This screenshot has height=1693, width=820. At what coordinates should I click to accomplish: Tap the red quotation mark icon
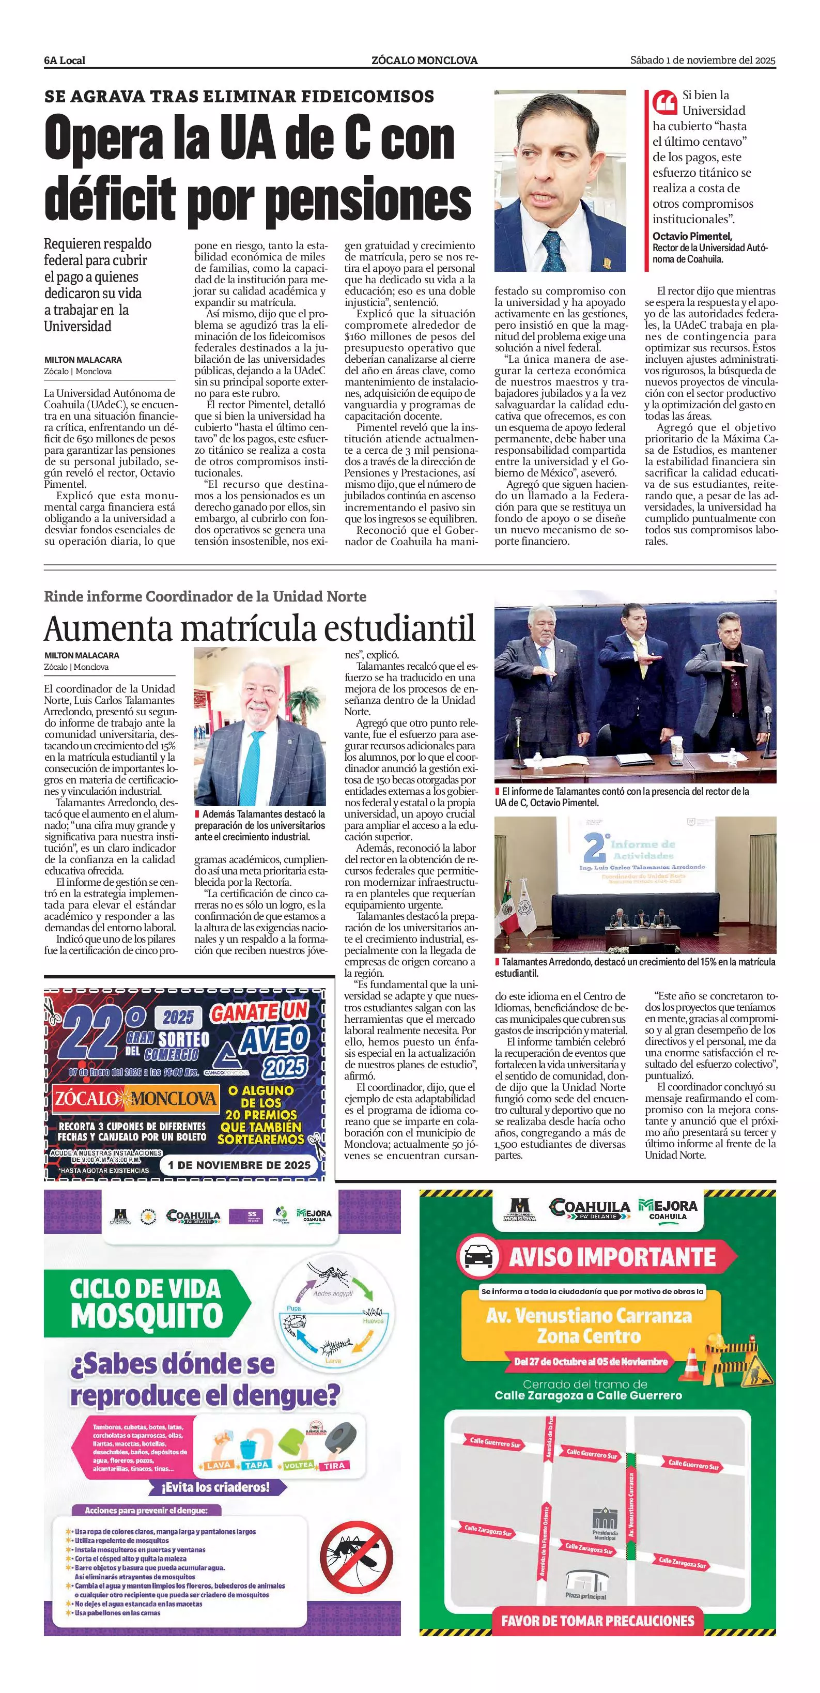[x=664, y=102]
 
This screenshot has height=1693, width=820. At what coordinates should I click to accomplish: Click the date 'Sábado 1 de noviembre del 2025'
[x=702, y=60]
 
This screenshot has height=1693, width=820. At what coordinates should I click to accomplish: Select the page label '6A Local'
[x=65, y=60]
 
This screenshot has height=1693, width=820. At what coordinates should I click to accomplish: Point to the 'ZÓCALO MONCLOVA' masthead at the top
[x=424, y=60]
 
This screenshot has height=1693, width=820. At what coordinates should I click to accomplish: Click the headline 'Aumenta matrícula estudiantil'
[x=259, y=628]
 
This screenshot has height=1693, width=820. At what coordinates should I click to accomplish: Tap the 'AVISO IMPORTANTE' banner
[x=611, y=1257]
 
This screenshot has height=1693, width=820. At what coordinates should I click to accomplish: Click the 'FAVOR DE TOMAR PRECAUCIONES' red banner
[x=597, y=1621]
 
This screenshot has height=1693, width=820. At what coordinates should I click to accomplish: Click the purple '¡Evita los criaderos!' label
[x=218, y=1487]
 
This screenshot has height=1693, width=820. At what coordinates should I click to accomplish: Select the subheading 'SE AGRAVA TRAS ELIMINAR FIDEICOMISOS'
[x=239, y=97]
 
